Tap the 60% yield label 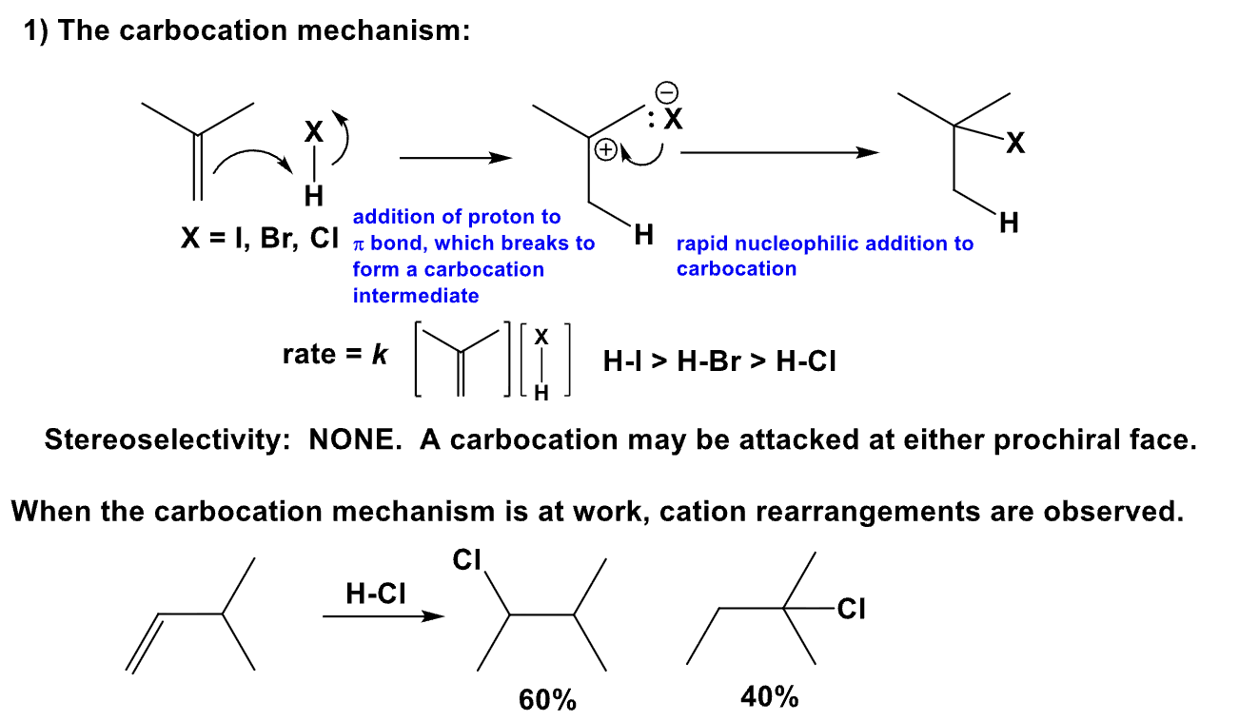pos(547,701)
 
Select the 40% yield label pos(769,697)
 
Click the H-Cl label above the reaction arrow pos(375,594)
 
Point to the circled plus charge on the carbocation pos(605,149)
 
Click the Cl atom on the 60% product pos(466,560)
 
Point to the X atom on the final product pos(1016,145)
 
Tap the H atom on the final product pos(1009,224)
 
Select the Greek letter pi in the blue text pos(359,244)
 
